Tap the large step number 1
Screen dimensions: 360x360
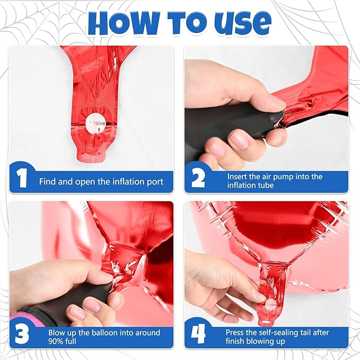pyautogui.click(x=22, y=178)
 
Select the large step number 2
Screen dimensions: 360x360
pyautogui.click(x=198, y=178)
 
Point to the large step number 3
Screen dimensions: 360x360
pyautogui.click(x=22, y=334)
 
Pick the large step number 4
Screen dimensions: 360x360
pyautogui.click(x=198, y=334)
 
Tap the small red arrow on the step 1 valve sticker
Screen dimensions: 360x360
pyautogui.click(x=99, y=130)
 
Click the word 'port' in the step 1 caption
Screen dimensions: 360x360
pyautogui.click(x=155, y=182)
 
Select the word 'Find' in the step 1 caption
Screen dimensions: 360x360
pyautogui.click(x=48, y=182)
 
